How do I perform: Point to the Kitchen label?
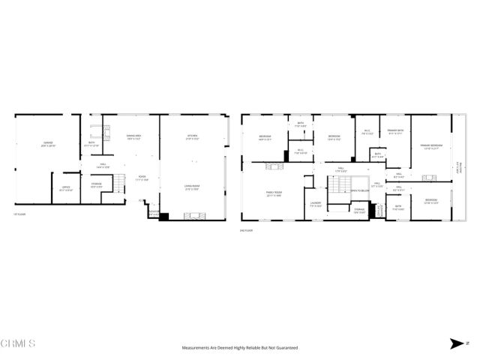193,136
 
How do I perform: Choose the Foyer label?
142,178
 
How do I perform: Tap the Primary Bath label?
396,132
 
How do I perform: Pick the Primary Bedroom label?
431,145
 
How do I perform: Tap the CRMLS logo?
19,343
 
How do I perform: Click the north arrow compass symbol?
455,343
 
